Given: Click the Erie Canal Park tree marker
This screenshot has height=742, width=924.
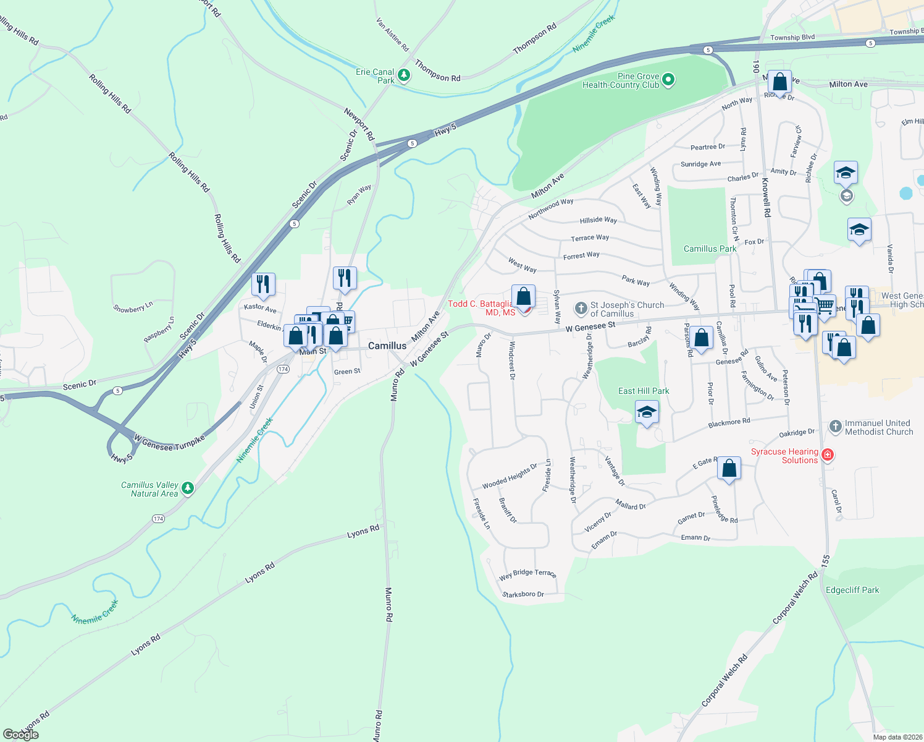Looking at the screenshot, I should coord(404,75).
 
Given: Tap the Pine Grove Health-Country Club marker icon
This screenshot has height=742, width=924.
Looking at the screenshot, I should coord(668,80).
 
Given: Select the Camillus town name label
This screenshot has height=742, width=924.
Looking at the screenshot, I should coord(387,346).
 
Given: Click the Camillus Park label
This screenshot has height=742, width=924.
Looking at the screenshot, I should coord(710,249).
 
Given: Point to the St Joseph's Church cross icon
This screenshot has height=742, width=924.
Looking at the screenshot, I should coord(581,308).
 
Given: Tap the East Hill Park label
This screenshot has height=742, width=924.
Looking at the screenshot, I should coord(644,391).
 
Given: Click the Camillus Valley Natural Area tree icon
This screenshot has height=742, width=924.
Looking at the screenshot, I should coord(188,488).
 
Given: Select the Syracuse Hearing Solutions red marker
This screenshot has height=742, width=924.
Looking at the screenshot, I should coord(828,456).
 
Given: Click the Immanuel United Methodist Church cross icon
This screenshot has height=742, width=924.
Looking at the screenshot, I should coord(835,427).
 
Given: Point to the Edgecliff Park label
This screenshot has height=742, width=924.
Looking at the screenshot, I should coord(852,590).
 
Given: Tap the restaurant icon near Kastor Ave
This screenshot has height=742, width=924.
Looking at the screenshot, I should coord(263,284).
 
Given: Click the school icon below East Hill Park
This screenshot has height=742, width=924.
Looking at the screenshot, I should coord(646,412).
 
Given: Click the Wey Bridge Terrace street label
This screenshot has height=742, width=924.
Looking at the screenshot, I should coord(527,574).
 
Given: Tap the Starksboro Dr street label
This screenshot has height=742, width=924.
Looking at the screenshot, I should coord(523,594).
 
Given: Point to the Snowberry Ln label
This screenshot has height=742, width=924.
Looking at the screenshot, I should coord(133,307).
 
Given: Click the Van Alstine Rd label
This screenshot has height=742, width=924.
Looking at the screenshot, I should coord(393,34).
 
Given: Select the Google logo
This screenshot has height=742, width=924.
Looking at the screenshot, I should coord(20,735).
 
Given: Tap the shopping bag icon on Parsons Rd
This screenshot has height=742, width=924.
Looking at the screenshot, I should coord(701,338).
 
